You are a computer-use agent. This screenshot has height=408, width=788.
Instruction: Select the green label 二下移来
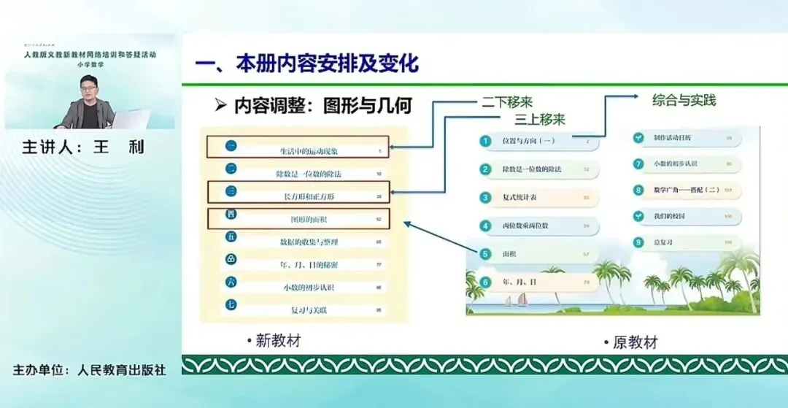[508, 102]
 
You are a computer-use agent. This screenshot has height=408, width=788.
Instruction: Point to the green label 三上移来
[540, 118]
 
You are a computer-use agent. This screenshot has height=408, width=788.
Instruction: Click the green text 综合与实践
[684, 100]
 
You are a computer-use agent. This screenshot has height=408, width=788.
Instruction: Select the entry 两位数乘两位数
[525, 226]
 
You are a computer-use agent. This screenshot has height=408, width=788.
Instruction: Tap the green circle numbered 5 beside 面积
[485, 254]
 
